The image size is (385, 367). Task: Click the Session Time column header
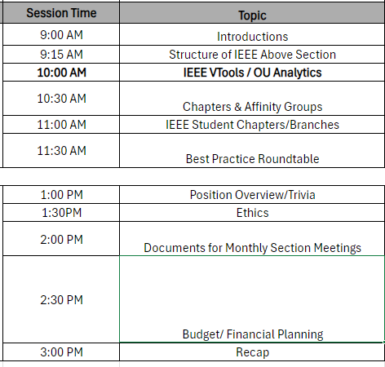(x=61, y=13)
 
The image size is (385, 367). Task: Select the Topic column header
(x=252, y=15)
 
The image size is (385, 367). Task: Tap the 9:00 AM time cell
(x=61, y=35)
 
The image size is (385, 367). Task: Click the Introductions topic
(x=252, y=37)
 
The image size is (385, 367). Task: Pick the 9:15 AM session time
(x=61, y=55)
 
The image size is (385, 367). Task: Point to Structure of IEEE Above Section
(x=252, y=55)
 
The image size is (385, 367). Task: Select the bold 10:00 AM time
(x=61, y=73)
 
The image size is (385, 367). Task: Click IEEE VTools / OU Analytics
(x=252, y=73)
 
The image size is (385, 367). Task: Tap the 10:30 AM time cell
(x=61, y=99)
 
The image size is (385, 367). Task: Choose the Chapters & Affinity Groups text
(x=252, y=107)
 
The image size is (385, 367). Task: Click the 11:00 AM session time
(x=61, y=125)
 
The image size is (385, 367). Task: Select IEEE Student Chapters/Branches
(x=252, y=125)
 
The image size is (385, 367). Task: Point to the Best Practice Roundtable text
(x=252, y=159)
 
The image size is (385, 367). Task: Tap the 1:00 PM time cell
(x=61, y=195)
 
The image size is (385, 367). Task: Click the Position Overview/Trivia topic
(x=252, y=195)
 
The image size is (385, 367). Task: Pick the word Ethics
(x=252, y=213)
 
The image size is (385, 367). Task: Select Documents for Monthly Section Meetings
(x=252, y=248)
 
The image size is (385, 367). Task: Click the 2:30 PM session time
(x=61, y=300)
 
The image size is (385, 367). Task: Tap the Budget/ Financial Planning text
(x=253, y=334)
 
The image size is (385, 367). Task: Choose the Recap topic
(x=252, y=352)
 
